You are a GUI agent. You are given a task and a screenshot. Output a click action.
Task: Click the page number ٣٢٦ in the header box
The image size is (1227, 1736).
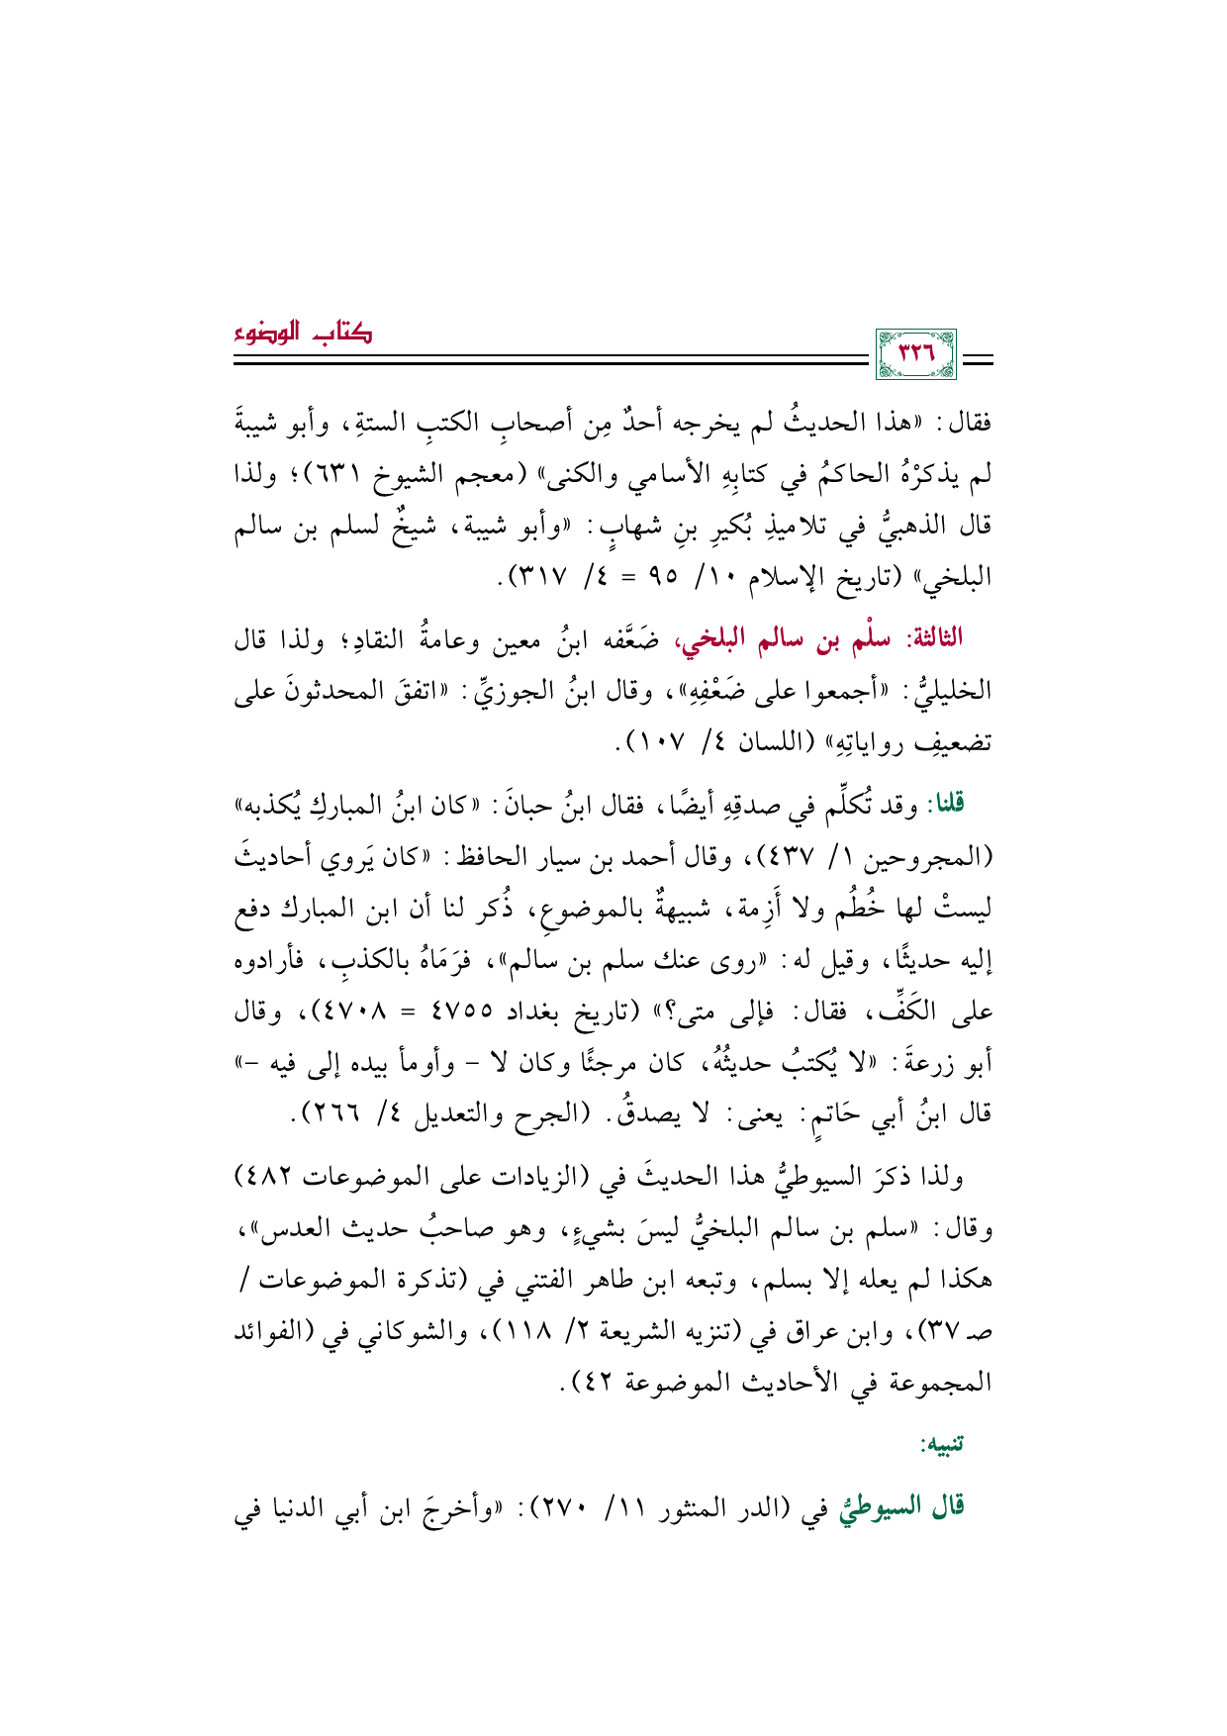915,352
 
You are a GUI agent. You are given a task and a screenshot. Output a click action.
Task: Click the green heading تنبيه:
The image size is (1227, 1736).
941,1444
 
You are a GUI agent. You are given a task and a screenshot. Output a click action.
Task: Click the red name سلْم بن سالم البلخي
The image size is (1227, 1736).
809,637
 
